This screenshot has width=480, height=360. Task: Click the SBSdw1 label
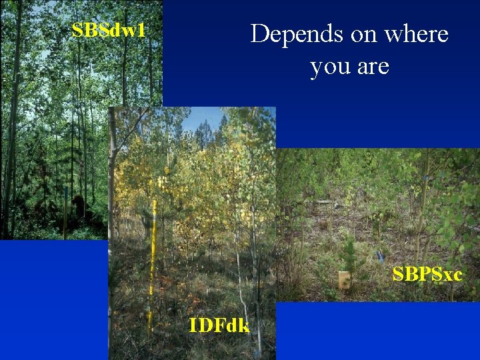(108, 30)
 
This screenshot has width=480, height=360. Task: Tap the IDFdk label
(219, 325)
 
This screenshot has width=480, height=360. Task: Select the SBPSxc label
(427, 274)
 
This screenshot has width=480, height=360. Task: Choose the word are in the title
(372, 67)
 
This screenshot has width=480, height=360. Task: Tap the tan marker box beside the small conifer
(344, 280)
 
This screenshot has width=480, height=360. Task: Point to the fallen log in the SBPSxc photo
(327, 201)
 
